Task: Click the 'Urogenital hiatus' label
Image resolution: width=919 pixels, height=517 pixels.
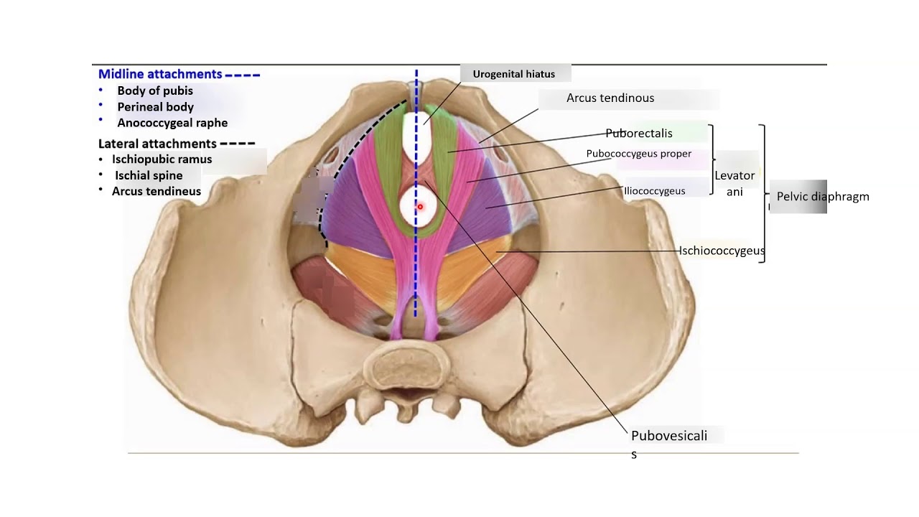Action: [x=513, y=74]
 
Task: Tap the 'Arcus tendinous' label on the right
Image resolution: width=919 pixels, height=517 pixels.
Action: [x=610, y=98]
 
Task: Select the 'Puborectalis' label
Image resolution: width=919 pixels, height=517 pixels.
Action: [x=639, y=134]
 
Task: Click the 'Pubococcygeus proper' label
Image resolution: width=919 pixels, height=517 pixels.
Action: [x=639, y=154]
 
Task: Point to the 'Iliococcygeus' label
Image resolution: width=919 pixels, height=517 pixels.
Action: [x=654, y=191]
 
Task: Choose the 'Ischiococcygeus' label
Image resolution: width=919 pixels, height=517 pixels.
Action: [x=722, y=251]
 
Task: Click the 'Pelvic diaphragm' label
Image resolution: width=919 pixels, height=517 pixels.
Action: [x=823, y=197]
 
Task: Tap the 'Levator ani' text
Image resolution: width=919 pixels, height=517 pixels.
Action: [x=734, y=183]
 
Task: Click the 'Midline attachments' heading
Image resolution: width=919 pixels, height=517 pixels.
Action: [x=160, y=74]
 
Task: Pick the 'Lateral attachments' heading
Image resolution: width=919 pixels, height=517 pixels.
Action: [x=157, y=144]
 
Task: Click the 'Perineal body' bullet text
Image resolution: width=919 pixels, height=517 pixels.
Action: [x=156, y=107]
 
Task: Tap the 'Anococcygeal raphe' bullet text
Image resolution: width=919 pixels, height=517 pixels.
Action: [x=172, y=123]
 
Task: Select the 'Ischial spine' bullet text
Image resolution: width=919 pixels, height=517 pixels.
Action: [x=149, y=176]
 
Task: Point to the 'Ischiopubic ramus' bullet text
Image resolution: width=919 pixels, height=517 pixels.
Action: [x=162, y=159]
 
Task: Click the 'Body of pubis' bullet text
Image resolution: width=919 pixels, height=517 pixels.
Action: [x=155, y=90]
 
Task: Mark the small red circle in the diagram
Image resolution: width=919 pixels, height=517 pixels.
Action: [x=420, y=207]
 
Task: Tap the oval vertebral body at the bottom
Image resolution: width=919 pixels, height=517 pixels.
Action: [x=406, y=366]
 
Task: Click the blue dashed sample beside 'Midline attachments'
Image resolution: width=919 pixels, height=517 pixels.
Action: [x=243, y=75]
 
